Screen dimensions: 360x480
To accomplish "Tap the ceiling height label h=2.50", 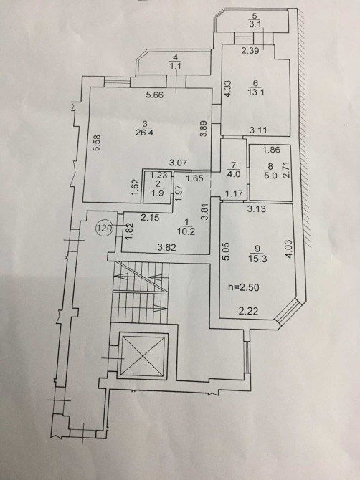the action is (x=244, y=287).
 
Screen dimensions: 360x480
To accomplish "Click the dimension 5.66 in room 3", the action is (x=155, y=95).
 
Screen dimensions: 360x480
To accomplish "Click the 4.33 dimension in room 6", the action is (x=228, y=89).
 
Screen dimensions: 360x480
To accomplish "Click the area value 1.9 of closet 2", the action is (x=157, y=193).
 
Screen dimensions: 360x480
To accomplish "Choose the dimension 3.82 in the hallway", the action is (x=166, y=247).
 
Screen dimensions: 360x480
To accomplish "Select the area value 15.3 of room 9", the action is (x=259, y=259).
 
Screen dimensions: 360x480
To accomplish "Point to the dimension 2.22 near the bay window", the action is (x=248, y=312).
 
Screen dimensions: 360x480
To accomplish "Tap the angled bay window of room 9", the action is (x=287, y=311).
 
